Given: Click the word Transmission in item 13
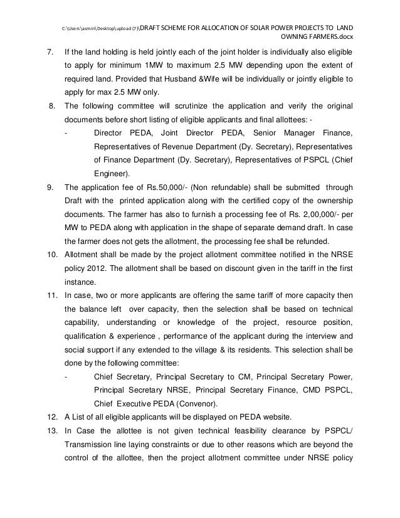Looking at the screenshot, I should (x=89, y=446).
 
